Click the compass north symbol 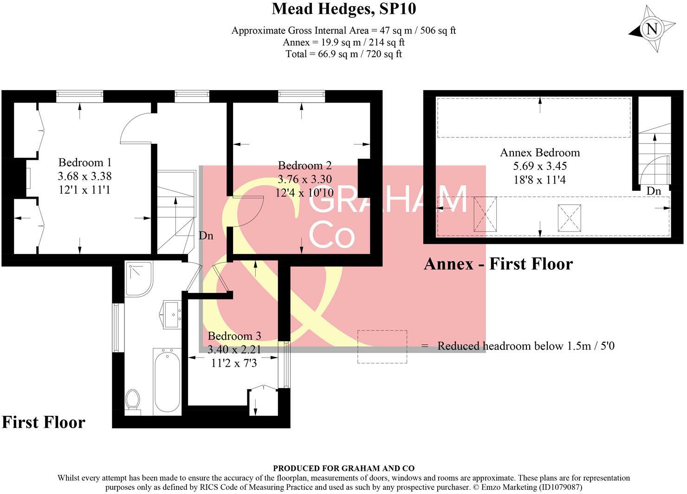(652, 29)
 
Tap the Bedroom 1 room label (84, 162)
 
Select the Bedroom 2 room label (305, 165)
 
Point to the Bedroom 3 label (234, 336)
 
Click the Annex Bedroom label (540, 152)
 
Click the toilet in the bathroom (133, 400)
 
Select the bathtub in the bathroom (167, 381)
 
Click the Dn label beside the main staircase (206, 236)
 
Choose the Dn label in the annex (654, 191)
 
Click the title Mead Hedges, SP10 (343, 8)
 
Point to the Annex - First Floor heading (498, 264)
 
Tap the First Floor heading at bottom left (44, 422)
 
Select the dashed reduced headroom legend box (382, 346)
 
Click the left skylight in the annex (485, 214)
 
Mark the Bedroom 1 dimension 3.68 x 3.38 (84, 176)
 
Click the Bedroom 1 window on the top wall (79, 96)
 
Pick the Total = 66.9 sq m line (343, 54)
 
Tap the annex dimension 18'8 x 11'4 (540, 180)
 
